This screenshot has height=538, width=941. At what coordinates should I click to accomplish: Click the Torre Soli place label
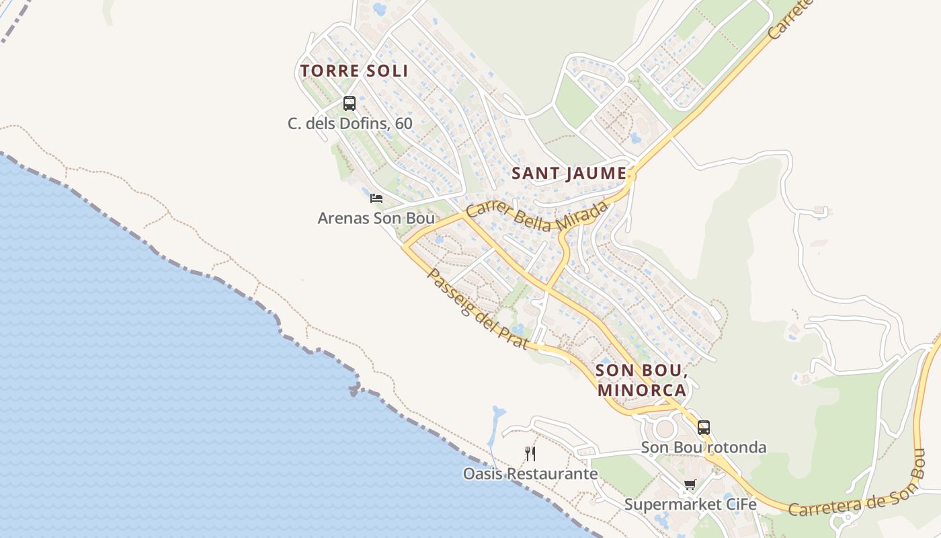(x=354, y=71)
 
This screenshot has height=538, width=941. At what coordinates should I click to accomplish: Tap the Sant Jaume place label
(x=569, y=173)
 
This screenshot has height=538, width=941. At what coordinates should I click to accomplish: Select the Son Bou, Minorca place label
(x=641, y=380)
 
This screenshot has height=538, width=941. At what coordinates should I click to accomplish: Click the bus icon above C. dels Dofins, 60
(x=350, y=104)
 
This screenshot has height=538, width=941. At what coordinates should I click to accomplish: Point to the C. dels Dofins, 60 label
(x=350, y=124)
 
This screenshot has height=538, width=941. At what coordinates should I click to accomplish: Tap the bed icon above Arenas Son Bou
(x=376, y=198)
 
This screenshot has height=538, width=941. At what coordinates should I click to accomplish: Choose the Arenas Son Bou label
(x=376, y=218)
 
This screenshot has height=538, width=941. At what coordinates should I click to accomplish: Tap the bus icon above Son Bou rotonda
(x=704, y=428)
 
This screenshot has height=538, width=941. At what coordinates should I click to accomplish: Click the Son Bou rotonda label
(x=703, y=447)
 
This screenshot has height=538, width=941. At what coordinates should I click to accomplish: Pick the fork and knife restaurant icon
(x=530, y=454)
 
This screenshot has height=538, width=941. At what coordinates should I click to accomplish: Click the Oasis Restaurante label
(x=530, y=473)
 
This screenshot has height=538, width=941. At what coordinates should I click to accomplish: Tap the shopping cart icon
(x=690, y=485)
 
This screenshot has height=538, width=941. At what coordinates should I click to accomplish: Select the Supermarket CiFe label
(x=690, y=504)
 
